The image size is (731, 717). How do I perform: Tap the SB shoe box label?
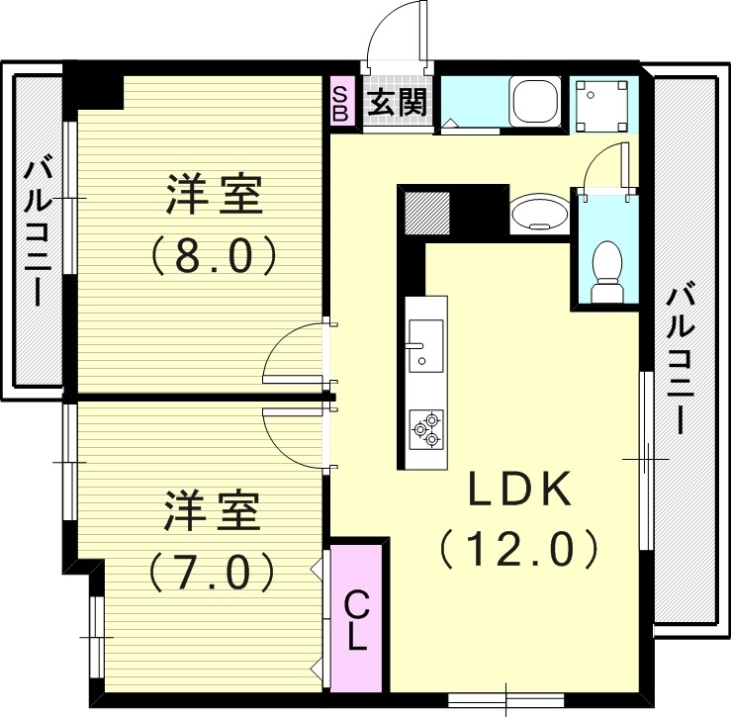point(339,103)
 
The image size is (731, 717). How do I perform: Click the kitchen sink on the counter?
point(426,344)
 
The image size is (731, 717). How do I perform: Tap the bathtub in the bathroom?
point(534,101)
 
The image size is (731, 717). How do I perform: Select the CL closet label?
point(357,619)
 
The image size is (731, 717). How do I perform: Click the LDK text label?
point(519,490)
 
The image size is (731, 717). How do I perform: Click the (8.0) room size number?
point(212,256)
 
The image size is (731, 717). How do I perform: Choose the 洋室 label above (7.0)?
point(212,511)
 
